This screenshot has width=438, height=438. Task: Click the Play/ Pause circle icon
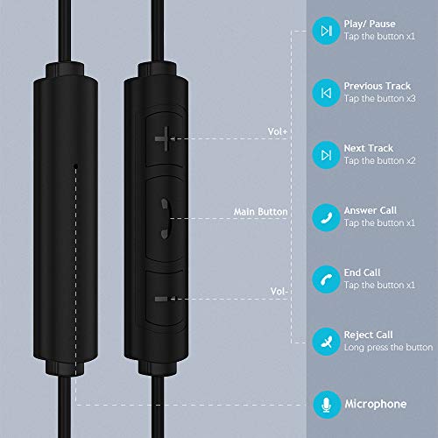(x=326, y=31)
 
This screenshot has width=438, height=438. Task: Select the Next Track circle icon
(x=326, y=155)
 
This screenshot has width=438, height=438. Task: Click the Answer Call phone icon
(x=326, y=217)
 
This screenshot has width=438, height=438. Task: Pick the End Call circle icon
(x=326, y=279)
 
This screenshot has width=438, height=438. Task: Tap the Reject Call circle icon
(x=326, y=342)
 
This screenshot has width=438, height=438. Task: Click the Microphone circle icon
(x=326, y=404)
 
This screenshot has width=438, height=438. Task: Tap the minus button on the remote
(x=163, y=298)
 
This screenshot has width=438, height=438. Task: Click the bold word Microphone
(x=375, y=404)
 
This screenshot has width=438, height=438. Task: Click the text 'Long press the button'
(x=387, y=348)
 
